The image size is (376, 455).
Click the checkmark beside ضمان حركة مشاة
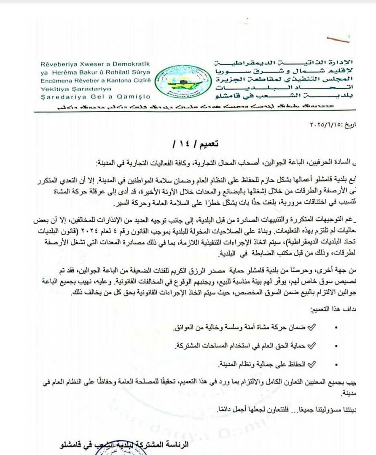[312, 327]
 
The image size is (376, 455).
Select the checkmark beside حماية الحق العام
[312, 345]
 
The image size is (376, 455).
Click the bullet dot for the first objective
[336, 327]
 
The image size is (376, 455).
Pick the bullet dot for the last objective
[336, 364]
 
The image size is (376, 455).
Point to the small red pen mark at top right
[340, 40]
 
